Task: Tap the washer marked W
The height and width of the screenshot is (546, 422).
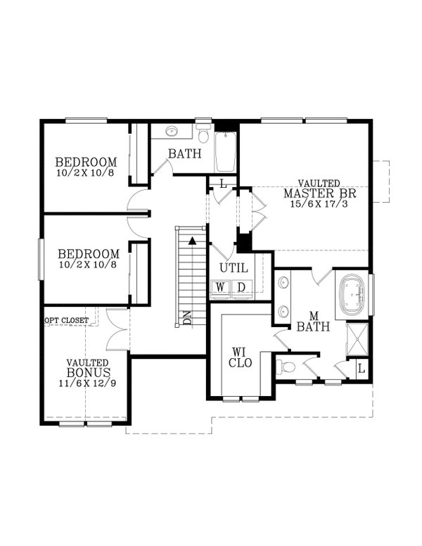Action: [x=221, y=287]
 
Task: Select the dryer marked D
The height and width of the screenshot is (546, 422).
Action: [x=241, y=287]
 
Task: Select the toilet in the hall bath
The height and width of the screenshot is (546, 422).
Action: [x=203, y=134]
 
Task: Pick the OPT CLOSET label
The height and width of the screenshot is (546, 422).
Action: [x=67, y=321]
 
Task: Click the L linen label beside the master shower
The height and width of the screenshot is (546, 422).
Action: [x=361, y=368]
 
